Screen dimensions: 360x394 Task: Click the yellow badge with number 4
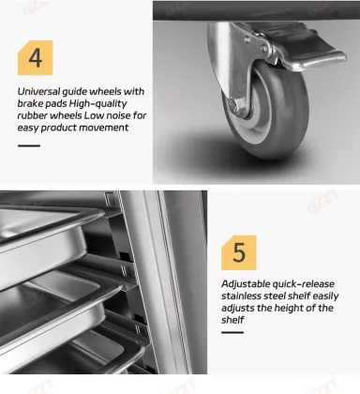tap(36, 58)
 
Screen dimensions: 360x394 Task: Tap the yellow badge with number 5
tap(239, 252)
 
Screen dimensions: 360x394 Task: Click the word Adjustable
tap(246, 284)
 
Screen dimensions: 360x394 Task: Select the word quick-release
tap(304, 284)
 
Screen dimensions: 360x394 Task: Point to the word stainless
tap(241, 295)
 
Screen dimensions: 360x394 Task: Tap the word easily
tap(325, 296)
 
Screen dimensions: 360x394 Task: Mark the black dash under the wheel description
tap(29, 145)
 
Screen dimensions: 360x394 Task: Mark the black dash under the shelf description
tap(232, 332)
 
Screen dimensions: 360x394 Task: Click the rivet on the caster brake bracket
tap(264, 49)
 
